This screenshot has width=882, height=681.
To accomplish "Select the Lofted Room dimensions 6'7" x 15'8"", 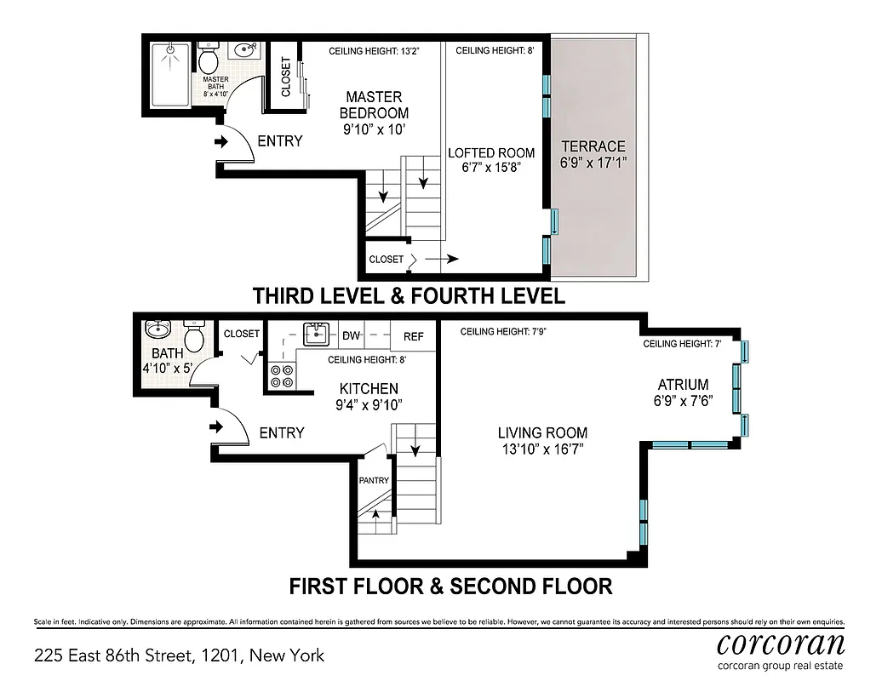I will point(491,168).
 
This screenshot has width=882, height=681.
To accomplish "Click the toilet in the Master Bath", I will point(209,60).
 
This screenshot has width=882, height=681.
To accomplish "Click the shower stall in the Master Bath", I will point(169,76).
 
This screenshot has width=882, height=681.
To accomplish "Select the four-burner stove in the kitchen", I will point(281,376).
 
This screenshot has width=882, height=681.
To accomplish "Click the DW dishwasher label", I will point(351,336).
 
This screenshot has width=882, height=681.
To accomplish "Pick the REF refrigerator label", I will point(414,336).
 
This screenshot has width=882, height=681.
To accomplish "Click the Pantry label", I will point(374,481).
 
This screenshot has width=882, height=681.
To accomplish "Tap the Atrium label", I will point(683,385).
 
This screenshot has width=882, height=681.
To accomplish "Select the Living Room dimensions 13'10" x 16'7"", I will point(542,448).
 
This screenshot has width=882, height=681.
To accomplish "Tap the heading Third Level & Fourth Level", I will point(409,296).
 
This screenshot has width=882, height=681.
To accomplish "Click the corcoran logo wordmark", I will point(781,642).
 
